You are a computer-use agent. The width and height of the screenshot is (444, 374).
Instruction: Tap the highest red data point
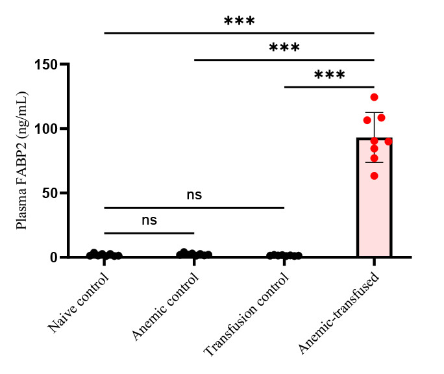(374, 97)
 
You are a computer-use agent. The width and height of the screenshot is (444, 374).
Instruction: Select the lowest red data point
(374, 175)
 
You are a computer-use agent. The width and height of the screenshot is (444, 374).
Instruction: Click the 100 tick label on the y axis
(45, 129)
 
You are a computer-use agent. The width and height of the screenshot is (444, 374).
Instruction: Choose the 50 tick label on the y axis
(50, 193)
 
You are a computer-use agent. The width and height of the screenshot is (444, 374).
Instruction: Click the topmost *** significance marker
(240, 21)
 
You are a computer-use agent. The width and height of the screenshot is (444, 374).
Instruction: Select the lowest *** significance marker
(329, 75)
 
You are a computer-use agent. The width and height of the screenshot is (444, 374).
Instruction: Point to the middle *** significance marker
(284, 48)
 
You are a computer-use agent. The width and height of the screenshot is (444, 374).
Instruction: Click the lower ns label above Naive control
(149, 220)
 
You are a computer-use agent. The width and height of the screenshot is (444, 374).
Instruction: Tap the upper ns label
(194, 195)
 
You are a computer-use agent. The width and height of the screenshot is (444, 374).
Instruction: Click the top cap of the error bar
(374, 112)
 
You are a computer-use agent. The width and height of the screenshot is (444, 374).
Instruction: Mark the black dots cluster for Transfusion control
(284, 255)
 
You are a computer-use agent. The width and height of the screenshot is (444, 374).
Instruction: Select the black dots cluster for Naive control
(104, 255)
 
